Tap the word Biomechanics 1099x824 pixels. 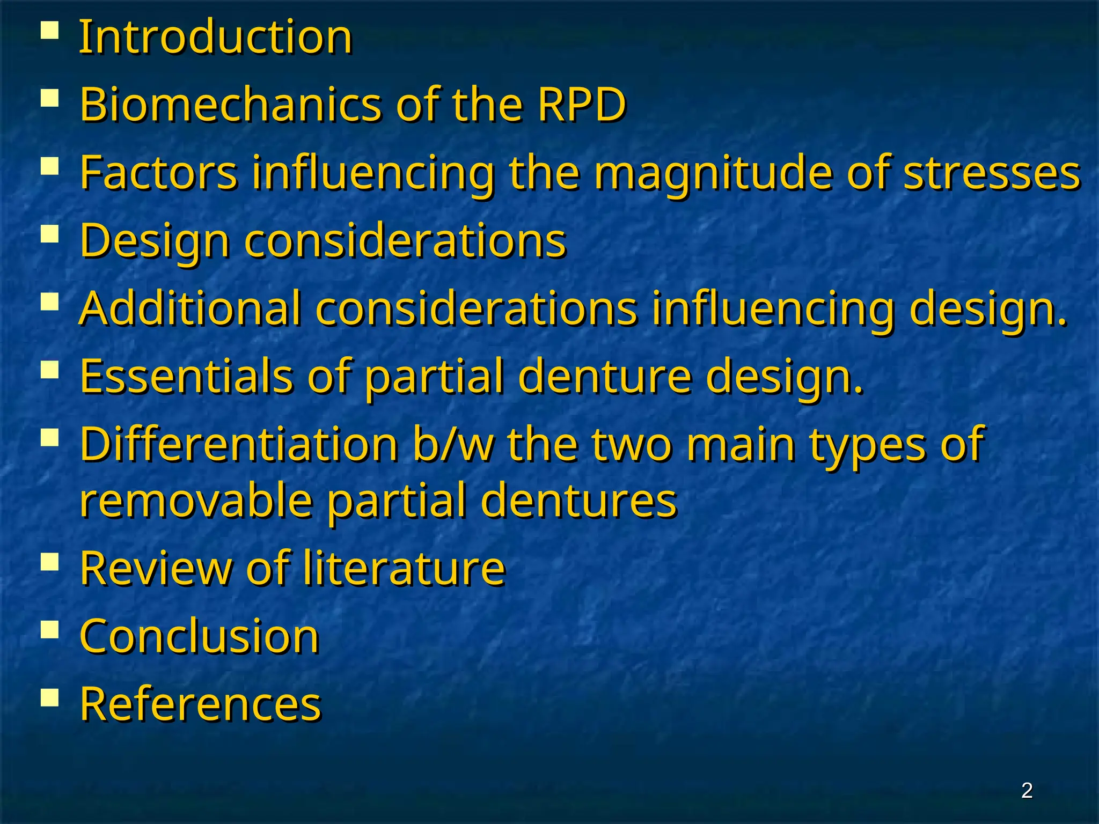pyautogui.click(x=231, y=104)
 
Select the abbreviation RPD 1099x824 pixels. pyautogui.click(x=582, y=104)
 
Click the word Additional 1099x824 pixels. pyautogui.click(x=190, y=308)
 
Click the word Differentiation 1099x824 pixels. pyautogui.click(x=239, y=444)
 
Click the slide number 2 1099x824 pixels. pyautogui.click(x=1027, y=790)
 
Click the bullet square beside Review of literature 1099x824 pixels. pyautogui.click(x=49, y=561)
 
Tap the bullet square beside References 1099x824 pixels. pyautogui.click(x=49, y=697)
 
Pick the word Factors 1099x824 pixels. pyautogui.click(x=159, y=172)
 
